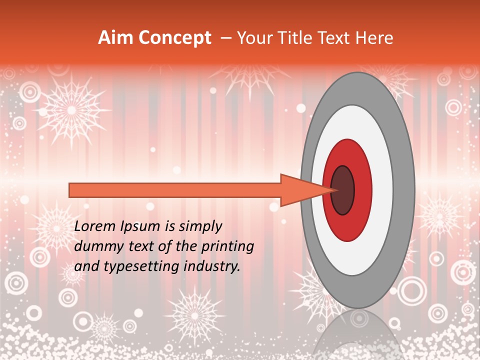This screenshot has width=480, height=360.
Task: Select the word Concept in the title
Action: pos(174,38)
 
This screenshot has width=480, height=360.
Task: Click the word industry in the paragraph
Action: pos(213,266)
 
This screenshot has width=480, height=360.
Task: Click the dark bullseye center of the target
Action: pos(342,190)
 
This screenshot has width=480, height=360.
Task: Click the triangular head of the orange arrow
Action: pos(300,190)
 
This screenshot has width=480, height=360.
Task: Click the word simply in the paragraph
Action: pos(199,226)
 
